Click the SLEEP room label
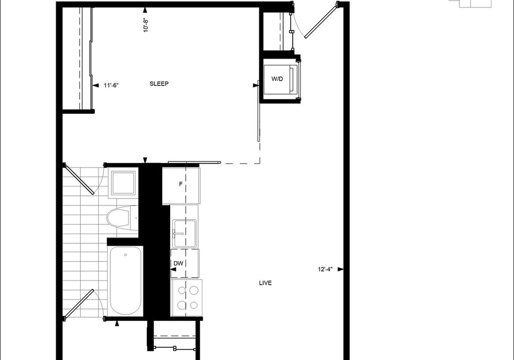(159, 84)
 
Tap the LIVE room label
(265, 283)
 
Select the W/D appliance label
(277, 79)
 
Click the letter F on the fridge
(180, 185)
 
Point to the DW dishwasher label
(178, 263)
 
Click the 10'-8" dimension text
(146, 25)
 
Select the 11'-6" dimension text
(111, 86)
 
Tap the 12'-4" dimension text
(325, 269)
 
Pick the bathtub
(125, 281)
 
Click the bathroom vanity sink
(123, 183)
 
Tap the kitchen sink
(185, 233)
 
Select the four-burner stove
(186, 298)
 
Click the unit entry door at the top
(321, 20)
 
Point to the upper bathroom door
(79, 179)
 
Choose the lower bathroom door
(79, 304)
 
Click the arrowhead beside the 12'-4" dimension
(341, 269)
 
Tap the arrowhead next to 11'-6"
(96, 86)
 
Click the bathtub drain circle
(125, 255)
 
